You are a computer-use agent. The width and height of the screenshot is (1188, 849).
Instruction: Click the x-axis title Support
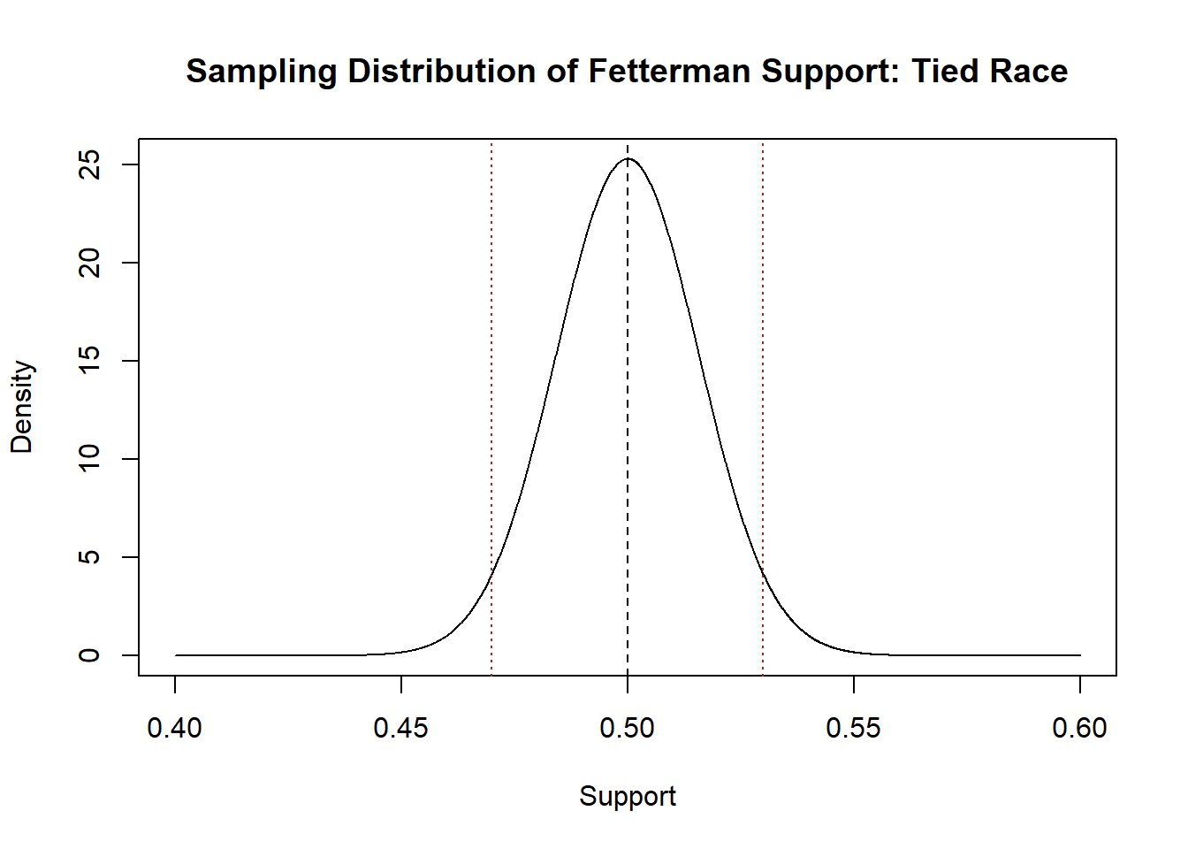(628, 796)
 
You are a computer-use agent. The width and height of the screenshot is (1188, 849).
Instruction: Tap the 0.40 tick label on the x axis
(175, 728)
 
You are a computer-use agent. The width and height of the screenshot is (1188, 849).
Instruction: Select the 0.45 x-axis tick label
(401, 728)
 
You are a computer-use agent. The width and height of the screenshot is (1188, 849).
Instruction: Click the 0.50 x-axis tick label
(628, 728)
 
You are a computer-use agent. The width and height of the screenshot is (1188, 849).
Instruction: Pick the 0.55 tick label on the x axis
(854, 728)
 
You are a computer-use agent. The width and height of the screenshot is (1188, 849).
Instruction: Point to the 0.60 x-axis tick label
(1079, 728)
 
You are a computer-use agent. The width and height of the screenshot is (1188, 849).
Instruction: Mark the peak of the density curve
(628, 159)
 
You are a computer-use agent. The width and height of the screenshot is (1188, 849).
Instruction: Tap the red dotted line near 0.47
(491, 354)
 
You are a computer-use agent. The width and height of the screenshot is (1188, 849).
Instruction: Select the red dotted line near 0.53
(763, 354)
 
